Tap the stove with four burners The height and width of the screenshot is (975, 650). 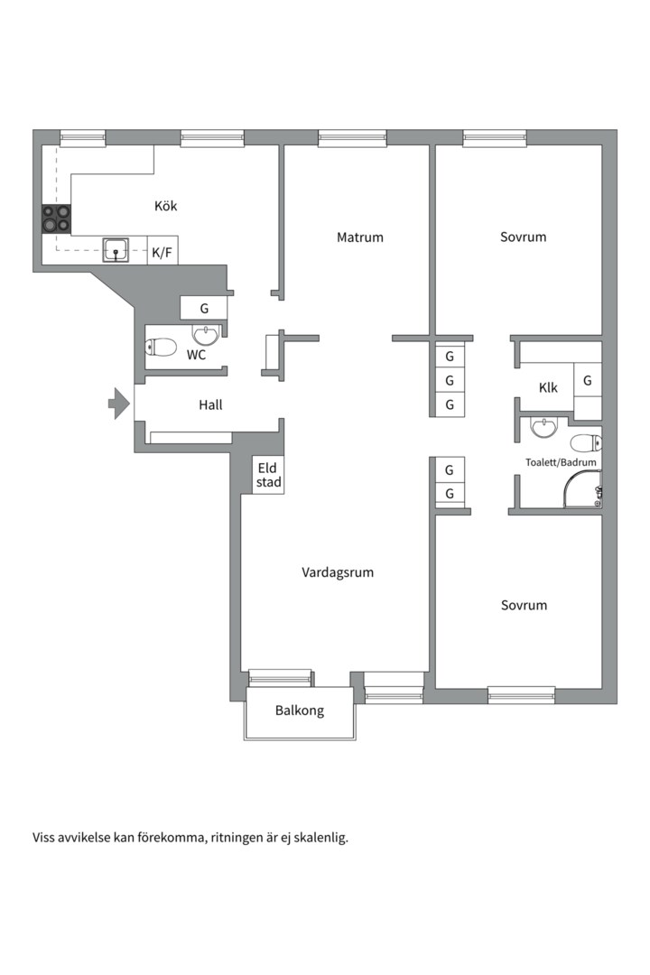[55, 219]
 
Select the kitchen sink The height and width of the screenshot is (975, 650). [116, 250]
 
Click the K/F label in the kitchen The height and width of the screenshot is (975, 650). [162, 253]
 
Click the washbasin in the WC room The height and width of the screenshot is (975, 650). [206, 336]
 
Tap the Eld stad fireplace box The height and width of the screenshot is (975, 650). [268, 475]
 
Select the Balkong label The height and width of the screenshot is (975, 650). [300, 710]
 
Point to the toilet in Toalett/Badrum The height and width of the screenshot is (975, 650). [587, 443]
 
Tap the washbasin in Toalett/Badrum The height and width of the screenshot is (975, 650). [543, 427]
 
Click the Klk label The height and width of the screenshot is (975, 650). [548, 388]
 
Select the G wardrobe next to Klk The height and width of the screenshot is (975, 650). [588, 381]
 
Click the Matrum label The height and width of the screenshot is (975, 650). [360, 237]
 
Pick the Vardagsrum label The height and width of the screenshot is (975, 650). [338, 572]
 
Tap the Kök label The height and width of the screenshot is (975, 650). [166, 206]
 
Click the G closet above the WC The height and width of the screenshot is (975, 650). [204, 308]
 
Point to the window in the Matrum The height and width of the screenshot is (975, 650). [352, 138]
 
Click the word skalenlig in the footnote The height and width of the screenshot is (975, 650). [316, 837]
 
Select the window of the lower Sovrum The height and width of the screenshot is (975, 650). [521, 694]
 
